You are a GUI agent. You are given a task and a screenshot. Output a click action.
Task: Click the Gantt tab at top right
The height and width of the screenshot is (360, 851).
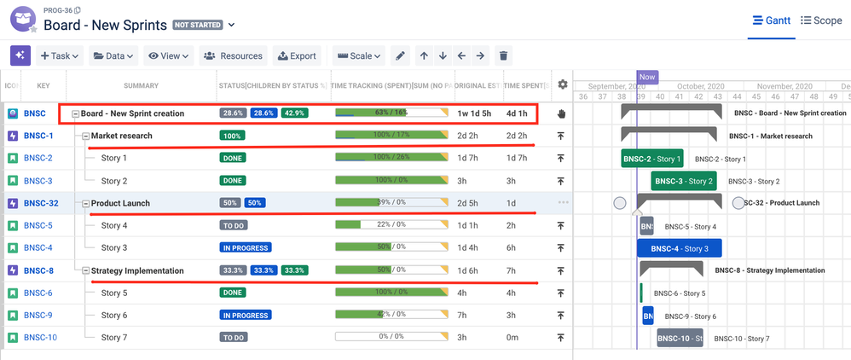(771, 20)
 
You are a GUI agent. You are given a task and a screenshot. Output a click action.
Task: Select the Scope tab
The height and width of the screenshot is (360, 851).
(821, 20)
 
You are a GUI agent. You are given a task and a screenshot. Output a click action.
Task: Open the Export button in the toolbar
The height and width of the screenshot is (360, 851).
(297, 56)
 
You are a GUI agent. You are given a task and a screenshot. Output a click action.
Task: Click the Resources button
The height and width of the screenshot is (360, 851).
(233, 56)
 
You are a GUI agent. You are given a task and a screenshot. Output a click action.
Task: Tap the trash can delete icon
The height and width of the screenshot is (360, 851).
(504, 56)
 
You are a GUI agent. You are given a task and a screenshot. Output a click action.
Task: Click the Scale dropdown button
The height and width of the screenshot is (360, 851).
(360, 56)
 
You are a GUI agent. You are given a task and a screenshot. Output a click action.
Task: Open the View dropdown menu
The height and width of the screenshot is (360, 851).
(168, 56)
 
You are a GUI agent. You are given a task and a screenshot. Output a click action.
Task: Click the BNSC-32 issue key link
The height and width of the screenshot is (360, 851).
(41, 203)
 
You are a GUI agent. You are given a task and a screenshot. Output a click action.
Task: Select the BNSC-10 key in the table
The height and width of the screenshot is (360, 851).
(40, 338)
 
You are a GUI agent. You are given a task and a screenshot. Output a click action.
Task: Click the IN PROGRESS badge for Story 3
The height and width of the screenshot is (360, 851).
(246, 248)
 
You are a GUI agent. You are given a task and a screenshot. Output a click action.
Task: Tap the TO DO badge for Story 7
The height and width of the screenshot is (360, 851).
(234, 338)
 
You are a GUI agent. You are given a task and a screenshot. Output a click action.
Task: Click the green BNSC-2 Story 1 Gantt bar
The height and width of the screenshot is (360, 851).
(652, 159)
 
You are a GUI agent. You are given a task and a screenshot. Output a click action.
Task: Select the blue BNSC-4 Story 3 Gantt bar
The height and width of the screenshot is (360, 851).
(679, 248)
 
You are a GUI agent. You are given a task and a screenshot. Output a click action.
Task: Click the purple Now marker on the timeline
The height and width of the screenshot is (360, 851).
(647, 77)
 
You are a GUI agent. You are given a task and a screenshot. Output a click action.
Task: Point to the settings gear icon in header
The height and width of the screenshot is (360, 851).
(562, 84)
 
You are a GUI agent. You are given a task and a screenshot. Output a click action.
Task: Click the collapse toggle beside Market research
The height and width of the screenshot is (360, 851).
(85, 136)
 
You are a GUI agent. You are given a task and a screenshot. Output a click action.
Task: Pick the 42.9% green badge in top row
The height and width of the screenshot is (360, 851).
(295, 113)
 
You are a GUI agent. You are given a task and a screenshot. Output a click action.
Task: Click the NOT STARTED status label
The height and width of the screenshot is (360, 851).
(198, 26)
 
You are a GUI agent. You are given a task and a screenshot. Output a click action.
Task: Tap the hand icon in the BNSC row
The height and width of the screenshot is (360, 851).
(561, 113)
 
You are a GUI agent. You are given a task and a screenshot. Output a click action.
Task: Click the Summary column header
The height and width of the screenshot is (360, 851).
(141, 85)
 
